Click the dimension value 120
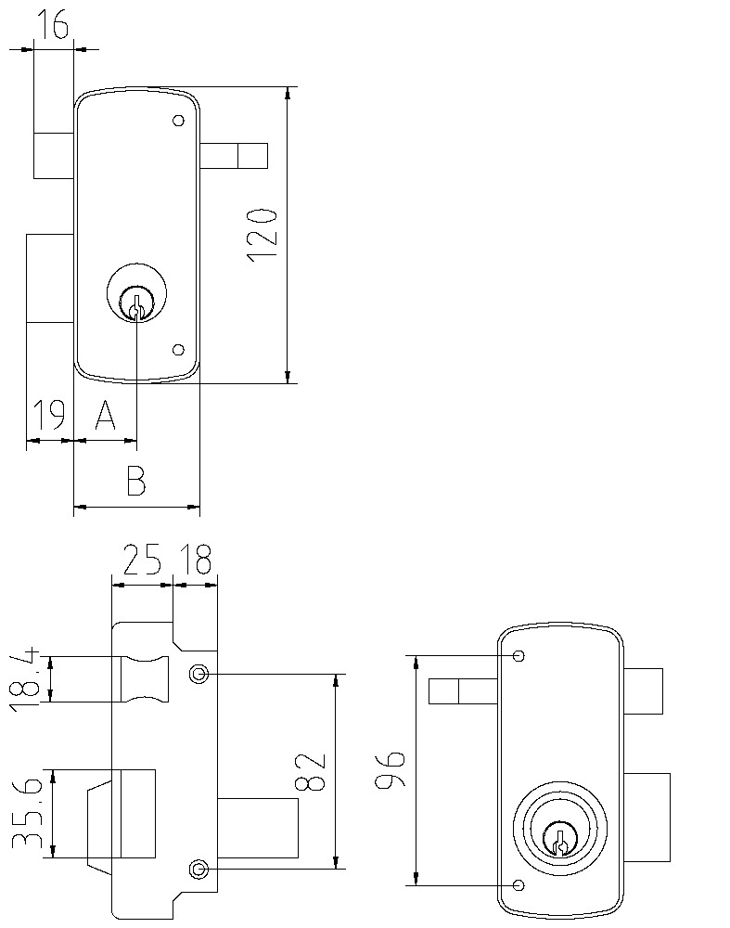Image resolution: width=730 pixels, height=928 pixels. click(x=263, y=234)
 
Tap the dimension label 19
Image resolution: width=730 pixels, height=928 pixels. click(x=48, y=416)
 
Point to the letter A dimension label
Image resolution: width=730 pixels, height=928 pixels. click(x=105, y=417)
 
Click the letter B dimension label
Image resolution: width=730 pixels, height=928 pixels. click(x=135, y=483)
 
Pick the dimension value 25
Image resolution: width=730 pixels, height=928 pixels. click(x=142, y=561)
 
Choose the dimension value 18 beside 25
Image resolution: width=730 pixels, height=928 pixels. click(x=197, y=561)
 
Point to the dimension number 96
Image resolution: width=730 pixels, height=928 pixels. click(x=390, y=770)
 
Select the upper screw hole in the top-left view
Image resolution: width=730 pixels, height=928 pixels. click(x=178, y=122)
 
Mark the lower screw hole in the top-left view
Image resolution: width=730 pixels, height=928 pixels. click(x=179, y=350)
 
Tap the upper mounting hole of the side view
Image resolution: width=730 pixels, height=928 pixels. click(x=197, y=674)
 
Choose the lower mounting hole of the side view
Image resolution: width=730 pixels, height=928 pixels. click(x=197, y=869)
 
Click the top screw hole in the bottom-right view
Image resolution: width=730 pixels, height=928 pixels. click(x=519, y=656)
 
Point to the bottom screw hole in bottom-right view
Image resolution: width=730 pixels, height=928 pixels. click(x=519, y=883)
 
